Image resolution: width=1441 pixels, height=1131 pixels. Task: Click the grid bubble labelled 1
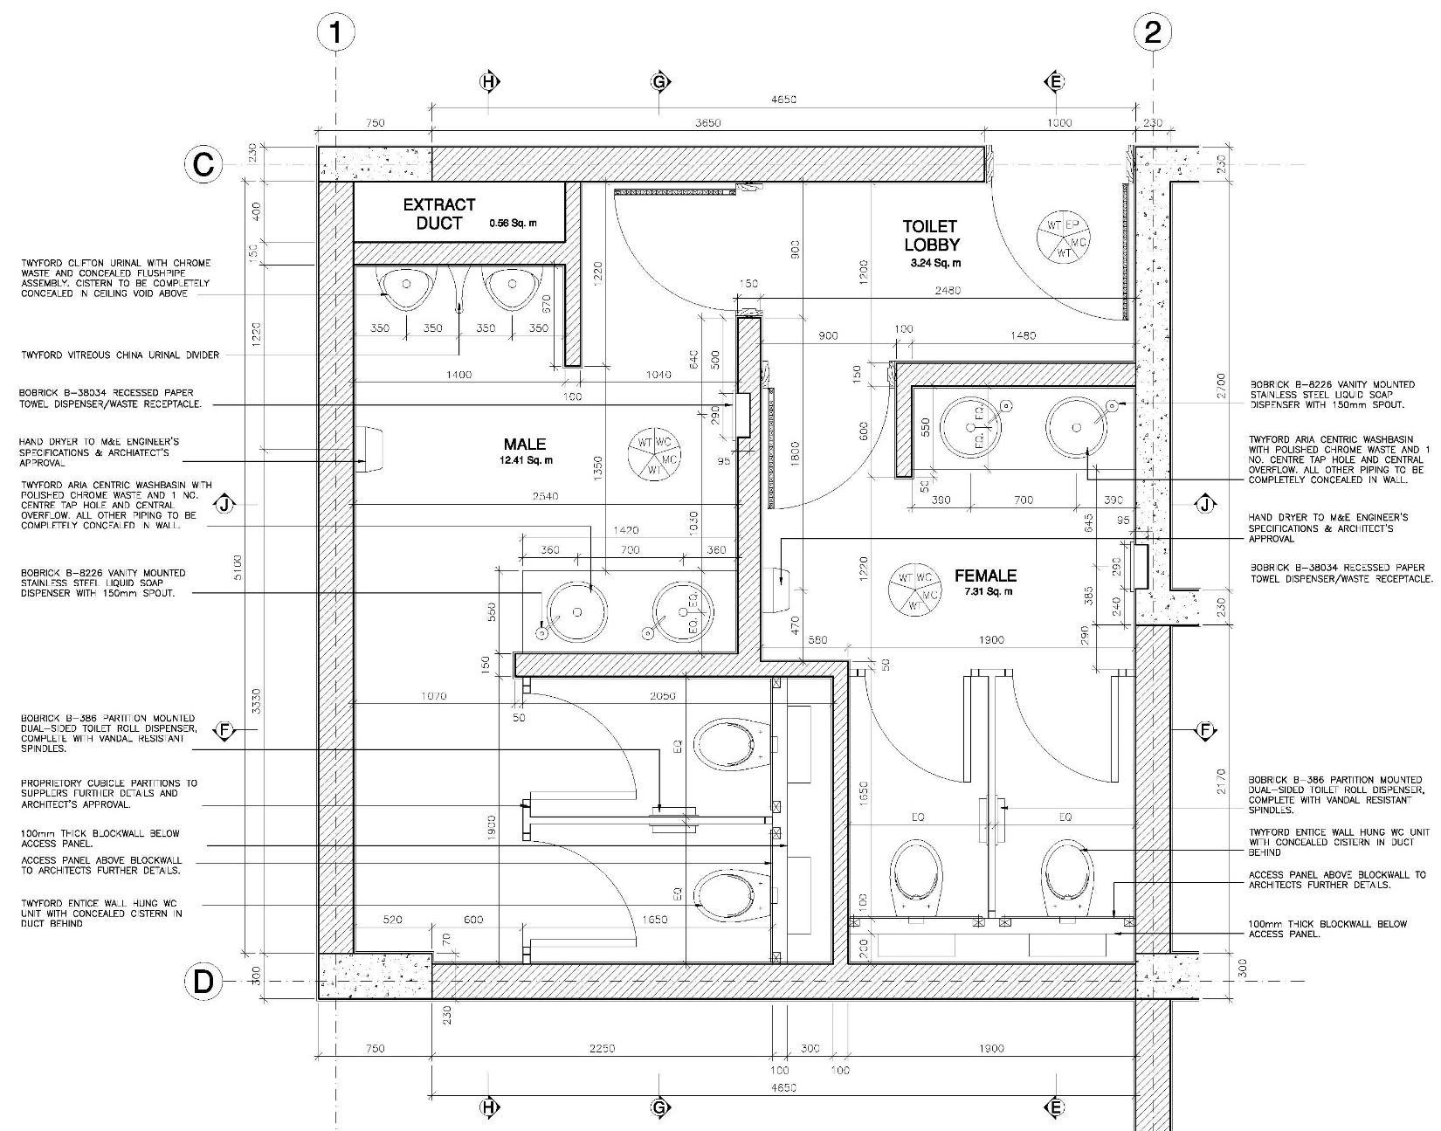coord(335,33)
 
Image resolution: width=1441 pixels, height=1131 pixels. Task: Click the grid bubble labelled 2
coord(1152,33)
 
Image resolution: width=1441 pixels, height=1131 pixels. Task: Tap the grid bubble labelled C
coord(203,164)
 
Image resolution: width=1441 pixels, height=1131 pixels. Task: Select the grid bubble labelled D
coord(203,982)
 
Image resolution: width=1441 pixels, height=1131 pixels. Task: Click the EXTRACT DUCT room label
coord(439,213)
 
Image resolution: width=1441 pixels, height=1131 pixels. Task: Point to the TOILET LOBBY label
coord(931,236)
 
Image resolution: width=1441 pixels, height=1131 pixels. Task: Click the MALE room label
coord(524,444)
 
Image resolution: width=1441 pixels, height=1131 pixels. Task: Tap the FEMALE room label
coord(985,576)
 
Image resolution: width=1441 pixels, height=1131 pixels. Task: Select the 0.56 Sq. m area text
coord(513,224)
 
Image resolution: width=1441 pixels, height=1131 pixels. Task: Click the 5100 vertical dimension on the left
coord(238,566)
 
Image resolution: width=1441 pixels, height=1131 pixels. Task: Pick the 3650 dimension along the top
coord(707,123)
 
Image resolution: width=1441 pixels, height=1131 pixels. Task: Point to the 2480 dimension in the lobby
coord(947,290)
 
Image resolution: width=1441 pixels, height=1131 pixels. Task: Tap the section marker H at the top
coord(489,82)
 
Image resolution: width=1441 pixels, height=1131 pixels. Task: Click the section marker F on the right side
coord(1205,730)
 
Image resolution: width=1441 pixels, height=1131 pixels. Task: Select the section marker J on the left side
coord(225,504)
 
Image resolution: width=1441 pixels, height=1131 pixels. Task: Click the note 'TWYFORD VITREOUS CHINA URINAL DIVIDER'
coord(120,355)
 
